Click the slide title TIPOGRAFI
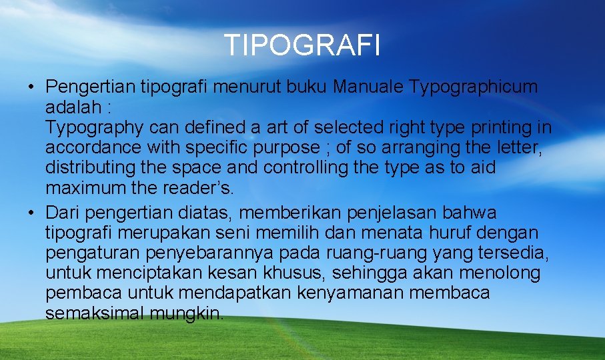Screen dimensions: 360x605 (302, 46)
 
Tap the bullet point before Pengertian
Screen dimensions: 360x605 (31, 87)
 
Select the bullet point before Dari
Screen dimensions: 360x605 (31, 213)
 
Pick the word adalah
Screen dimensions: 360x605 (71, 107)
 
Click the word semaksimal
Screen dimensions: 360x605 (94, 313)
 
